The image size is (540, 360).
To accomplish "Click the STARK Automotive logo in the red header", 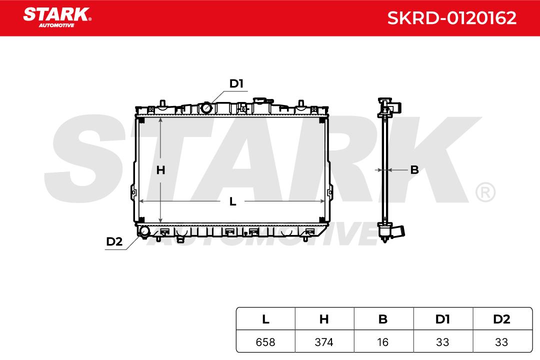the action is coord(57,17).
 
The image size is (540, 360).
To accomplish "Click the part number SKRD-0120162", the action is coord(451,18).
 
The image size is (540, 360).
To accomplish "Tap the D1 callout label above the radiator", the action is coord(236,83).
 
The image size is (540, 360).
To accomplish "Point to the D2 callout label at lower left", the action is coord(114,241).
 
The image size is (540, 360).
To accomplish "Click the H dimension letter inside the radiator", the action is coord(160,170).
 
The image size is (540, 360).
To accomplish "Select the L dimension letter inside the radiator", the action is coord(233,201).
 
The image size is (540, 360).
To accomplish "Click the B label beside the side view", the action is coord(414,169).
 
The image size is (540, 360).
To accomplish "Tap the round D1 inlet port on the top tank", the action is coord(206,108).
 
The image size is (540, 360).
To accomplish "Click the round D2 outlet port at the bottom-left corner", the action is coord(144,231).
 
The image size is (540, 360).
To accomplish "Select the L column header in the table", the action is coord(265,319).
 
